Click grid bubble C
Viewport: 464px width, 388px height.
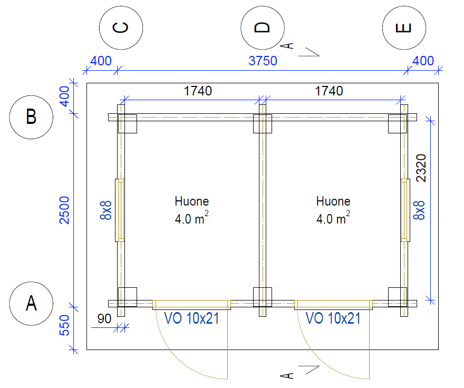(121, 28)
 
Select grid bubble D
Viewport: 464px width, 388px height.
(263, 28)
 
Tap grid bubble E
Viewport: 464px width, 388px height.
(404, 28)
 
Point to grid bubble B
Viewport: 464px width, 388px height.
(31, 117)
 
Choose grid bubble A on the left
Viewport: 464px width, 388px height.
(31, 303)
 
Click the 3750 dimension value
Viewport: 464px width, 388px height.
(263, 61)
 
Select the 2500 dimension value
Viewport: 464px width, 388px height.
(64, 210)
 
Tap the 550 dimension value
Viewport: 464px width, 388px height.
(64, 325)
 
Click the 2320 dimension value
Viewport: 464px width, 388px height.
(421, 168)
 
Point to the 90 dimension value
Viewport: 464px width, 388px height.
(104, 319)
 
